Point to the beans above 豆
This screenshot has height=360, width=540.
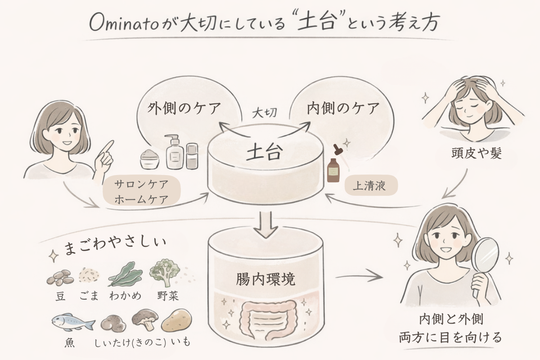click(60, 277)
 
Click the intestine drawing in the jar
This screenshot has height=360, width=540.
click(265, 317)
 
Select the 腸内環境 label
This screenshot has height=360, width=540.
click(265, 279)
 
